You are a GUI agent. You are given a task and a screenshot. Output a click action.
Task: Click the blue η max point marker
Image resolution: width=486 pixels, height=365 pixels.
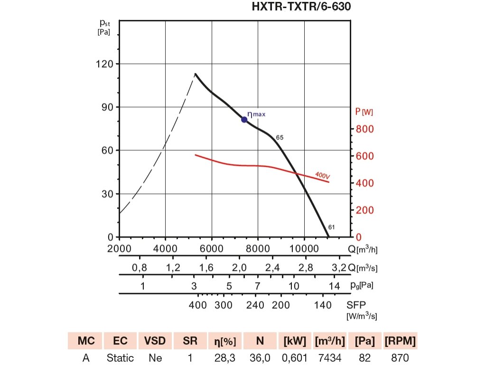tap(244, 119)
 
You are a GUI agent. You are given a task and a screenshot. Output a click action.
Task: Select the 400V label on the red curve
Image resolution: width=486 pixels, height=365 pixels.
tap(322, 176)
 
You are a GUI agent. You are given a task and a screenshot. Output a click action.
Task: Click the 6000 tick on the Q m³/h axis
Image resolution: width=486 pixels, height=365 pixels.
tap(211, 249)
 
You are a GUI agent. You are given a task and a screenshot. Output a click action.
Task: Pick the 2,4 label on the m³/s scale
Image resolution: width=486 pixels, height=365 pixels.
tap(272, 268)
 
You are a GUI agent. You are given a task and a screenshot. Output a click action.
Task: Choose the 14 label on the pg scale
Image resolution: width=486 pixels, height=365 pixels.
tap(335, 286)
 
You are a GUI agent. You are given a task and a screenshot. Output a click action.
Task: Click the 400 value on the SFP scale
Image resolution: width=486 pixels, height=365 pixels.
tap(198, 305)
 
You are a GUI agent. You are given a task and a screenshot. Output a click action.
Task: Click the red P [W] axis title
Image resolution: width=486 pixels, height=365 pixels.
tap(364, 112)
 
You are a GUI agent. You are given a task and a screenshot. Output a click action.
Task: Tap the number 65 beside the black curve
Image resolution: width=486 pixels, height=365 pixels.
tap(280, 137)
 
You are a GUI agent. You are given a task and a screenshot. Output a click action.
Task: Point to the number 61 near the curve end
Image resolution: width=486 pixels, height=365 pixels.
tap(331, 227)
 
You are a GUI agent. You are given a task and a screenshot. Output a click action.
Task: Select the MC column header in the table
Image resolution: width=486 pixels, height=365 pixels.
tap(84, 341)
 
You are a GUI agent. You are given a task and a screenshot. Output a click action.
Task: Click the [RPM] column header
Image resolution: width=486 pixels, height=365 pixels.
tap(400, 341)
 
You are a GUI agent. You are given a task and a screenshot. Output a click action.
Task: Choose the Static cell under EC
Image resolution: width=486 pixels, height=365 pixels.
tap(120, 357)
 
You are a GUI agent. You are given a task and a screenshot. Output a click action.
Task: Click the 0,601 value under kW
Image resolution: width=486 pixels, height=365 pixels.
tap(295, 357)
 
